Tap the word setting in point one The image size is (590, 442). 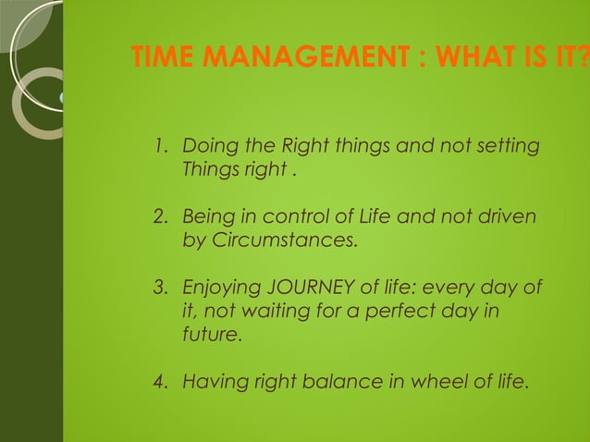(x=509, y=147)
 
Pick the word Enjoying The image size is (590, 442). (x=218, y=289)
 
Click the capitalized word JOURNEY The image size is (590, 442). (x=300, y=289)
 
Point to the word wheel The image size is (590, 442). (x=416, y=380)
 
